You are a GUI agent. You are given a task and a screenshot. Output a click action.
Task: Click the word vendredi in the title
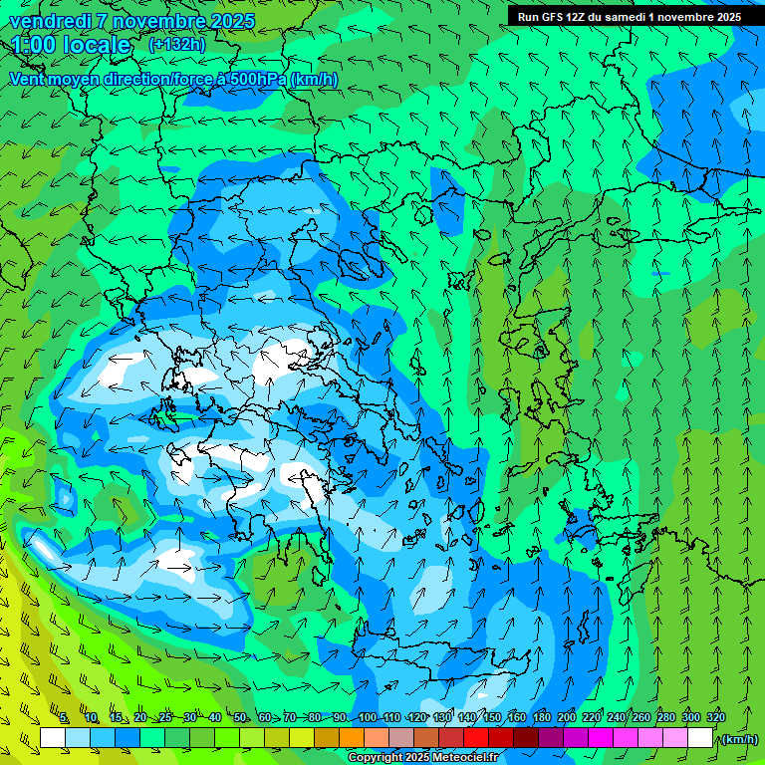pos(50,21)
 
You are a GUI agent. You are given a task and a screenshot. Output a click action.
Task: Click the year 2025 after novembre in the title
pos(232,21)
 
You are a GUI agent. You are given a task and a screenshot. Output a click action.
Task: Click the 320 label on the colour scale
pos(715,718)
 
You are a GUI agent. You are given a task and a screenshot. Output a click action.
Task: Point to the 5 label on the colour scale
pos(65,718)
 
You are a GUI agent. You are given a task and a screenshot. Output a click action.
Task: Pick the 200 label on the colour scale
pos(566,718)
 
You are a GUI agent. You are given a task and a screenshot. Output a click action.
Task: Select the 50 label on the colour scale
pos(240,718)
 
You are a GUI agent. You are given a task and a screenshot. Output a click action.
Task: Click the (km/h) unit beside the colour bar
pos(738,739)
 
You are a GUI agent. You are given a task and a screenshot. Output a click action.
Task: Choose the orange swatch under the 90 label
pos(352,738)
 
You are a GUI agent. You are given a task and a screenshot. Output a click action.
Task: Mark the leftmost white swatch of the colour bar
pos(53,738)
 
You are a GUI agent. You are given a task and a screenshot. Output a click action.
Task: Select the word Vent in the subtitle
pos(28,79)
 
